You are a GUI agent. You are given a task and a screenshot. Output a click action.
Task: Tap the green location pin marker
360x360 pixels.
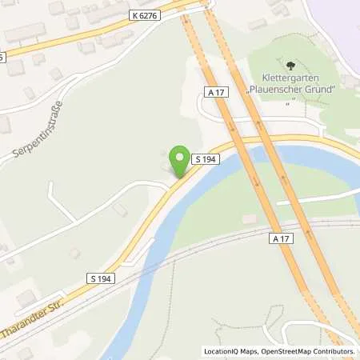pos(181,158)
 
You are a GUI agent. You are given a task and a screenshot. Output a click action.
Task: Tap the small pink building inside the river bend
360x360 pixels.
pos(249,218)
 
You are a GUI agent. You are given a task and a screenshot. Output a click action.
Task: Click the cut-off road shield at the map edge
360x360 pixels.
pos(2,57)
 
